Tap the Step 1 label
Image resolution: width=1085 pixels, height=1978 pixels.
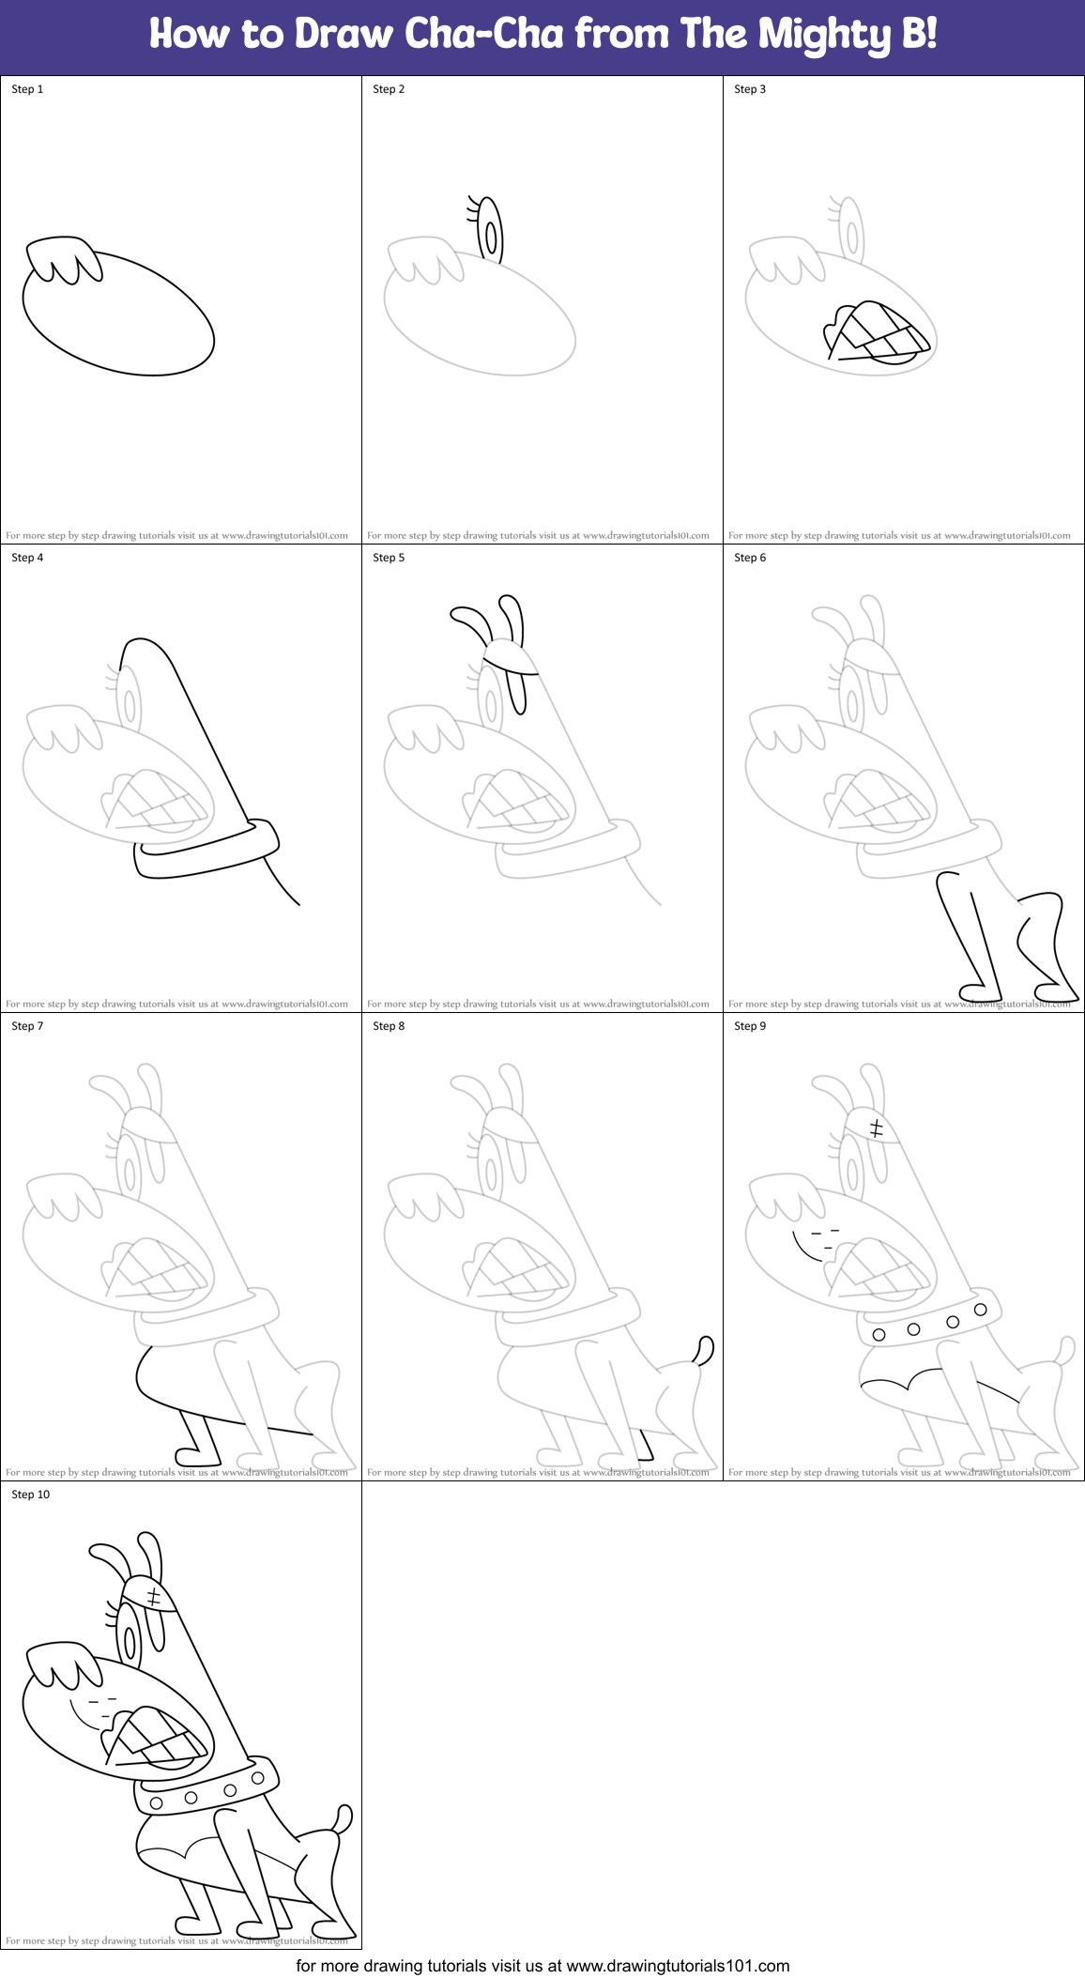pos(27,89)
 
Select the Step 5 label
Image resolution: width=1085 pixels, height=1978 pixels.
pos(389,558)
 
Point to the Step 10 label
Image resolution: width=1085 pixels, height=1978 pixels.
pos(30,1495)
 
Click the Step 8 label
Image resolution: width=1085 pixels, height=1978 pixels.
pos(389,1026)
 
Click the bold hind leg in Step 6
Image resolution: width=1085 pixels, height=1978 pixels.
pos(1047,948)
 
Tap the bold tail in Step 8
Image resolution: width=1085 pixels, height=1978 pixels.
pos(704,1350)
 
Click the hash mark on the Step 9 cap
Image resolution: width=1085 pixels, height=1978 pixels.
pos(877,1127)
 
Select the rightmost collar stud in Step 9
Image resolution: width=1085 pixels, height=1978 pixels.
pos(980,1310)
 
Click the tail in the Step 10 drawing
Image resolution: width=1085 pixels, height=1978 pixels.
pos(344,1817)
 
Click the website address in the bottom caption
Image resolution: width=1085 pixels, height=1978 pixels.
pos(678,1965)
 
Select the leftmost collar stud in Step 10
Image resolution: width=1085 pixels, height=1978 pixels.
pos(156,1803)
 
